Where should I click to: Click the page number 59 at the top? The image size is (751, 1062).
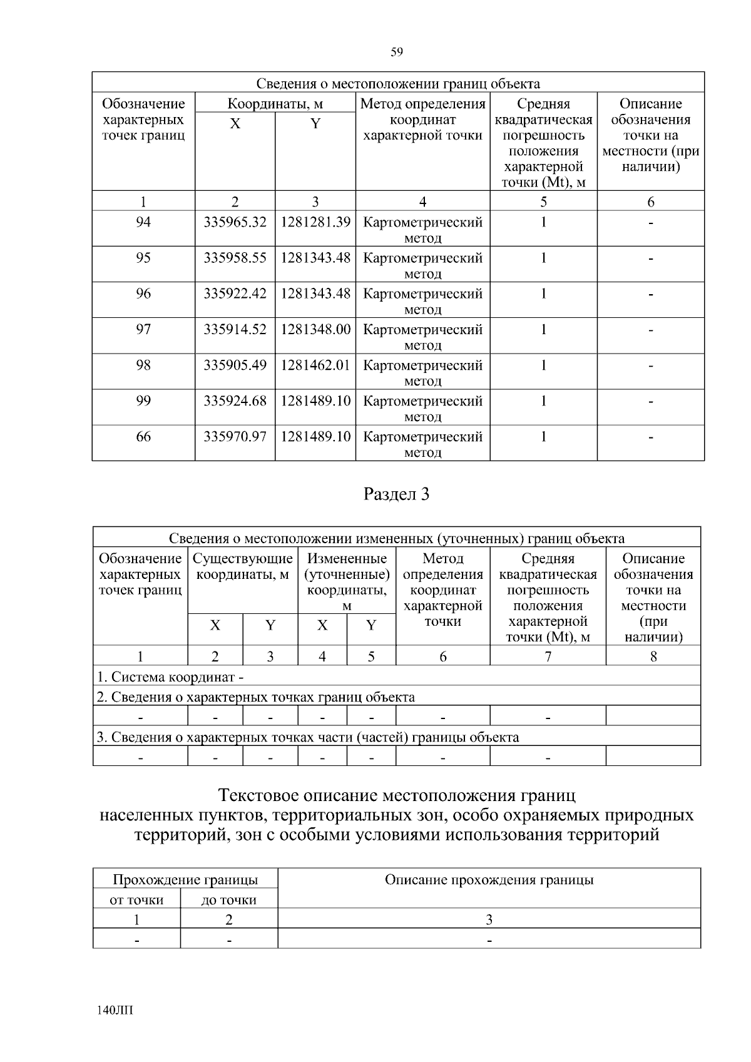397,53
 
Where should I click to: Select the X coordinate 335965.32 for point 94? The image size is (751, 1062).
235,222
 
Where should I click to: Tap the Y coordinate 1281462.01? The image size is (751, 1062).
315,365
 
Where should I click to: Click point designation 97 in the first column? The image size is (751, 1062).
143,329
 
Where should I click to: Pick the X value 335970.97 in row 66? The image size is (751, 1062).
235,436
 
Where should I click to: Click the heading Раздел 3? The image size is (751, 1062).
397,494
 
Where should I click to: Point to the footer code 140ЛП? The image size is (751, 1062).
116,1011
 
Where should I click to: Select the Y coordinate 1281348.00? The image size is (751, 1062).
315,329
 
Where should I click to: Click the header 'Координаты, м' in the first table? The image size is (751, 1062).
275,104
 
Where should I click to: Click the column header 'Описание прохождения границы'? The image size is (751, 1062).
489,880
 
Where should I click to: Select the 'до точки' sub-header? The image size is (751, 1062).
228,900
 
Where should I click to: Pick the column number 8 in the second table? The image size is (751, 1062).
653,656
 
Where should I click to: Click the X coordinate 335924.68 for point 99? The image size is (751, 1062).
235,401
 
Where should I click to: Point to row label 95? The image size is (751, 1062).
143,258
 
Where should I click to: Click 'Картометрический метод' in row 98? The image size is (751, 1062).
423,372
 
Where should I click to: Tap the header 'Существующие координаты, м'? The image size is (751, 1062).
242,566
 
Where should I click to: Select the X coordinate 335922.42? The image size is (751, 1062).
235,294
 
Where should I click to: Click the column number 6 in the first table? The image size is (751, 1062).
651,202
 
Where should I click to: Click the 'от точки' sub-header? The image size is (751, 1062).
136,900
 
